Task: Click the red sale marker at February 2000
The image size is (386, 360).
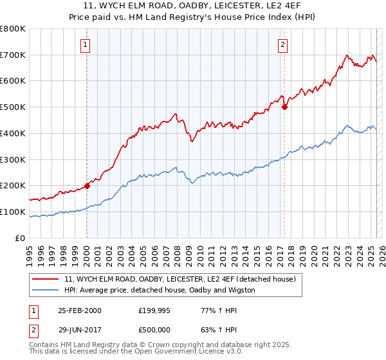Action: [x=87, y=186]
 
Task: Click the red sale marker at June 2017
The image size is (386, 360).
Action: [x=284, y=107]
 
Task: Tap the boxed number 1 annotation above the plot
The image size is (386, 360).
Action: [x=86, y=44]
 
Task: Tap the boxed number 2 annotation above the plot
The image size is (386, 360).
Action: [x=282, y=44]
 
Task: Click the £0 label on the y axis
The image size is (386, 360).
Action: [x=21, y=238]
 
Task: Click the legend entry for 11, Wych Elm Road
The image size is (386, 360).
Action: [x=179, y=280]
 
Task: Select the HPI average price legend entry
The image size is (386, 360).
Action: [x=160, y=291]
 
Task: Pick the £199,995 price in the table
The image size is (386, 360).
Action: [x=155, y=310]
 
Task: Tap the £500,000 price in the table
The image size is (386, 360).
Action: [x=155, y=330]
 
